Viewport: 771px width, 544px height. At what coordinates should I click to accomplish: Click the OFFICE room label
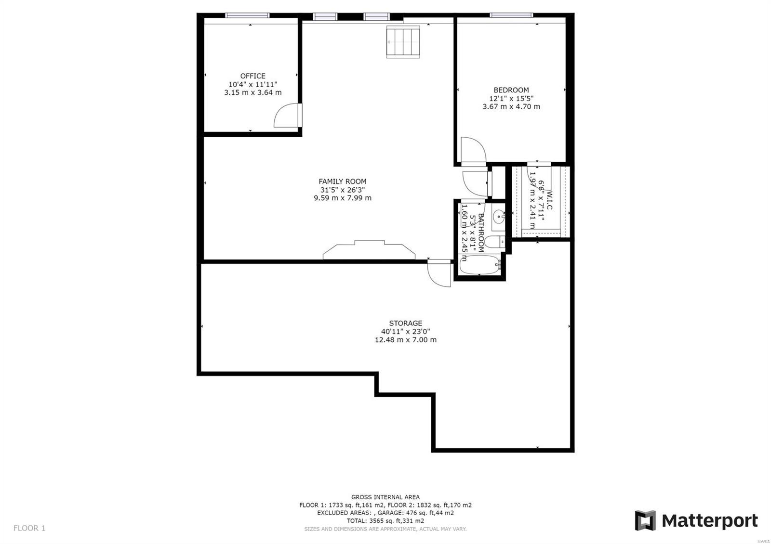[x=253, y=76]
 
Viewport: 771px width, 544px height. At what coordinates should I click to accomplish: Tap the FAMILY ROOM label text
[x=342, y=181]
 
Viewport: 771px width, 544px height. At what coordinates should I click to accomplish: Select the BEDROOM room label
[x=511, y=90]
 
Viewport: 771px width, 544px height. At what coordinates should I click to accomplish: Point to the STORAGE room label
[x=405, y=324]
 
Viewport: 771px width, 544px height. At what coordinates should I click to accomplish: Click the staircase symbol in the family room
[x=404, y=42]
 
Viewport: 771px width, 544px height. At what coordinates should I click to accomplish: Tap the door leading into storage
[x=439, y=274]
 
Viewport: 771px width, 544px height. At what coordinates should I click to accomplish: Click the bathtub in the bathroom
[x=480, y=265]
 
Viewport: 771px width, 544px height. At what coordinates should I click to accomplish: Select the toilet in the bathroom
[x=494, y=242]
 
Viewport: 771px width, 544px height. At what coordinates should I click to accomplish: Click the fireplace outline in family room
[x=369, y=250]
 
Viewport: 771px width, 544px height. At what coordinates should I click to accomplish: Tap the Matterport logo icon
[x=645, y=520]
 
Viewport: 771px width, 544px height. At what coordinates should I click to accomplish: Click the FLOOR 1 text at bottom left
[x=29, y=528]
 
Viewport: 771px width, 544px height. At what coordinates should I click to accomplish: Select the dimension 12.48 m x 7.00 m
[x=405, y=340]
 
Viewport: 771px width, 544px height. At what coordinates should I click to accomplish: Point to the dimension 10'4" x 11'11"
[x=253, y=84]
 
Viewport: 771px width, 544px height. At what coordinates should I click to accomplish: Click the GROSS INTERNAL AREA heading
[x=385, y=497]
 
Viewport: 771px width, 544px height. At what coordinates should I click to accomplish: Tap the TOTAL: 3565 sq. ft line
[x=385, y=520]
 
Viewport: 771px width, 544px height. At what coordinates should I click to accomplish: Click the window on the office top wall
[x=248, y=15]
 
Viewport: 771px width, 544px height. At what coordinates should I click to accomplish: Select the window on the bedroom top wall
[x=511, y=15]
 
